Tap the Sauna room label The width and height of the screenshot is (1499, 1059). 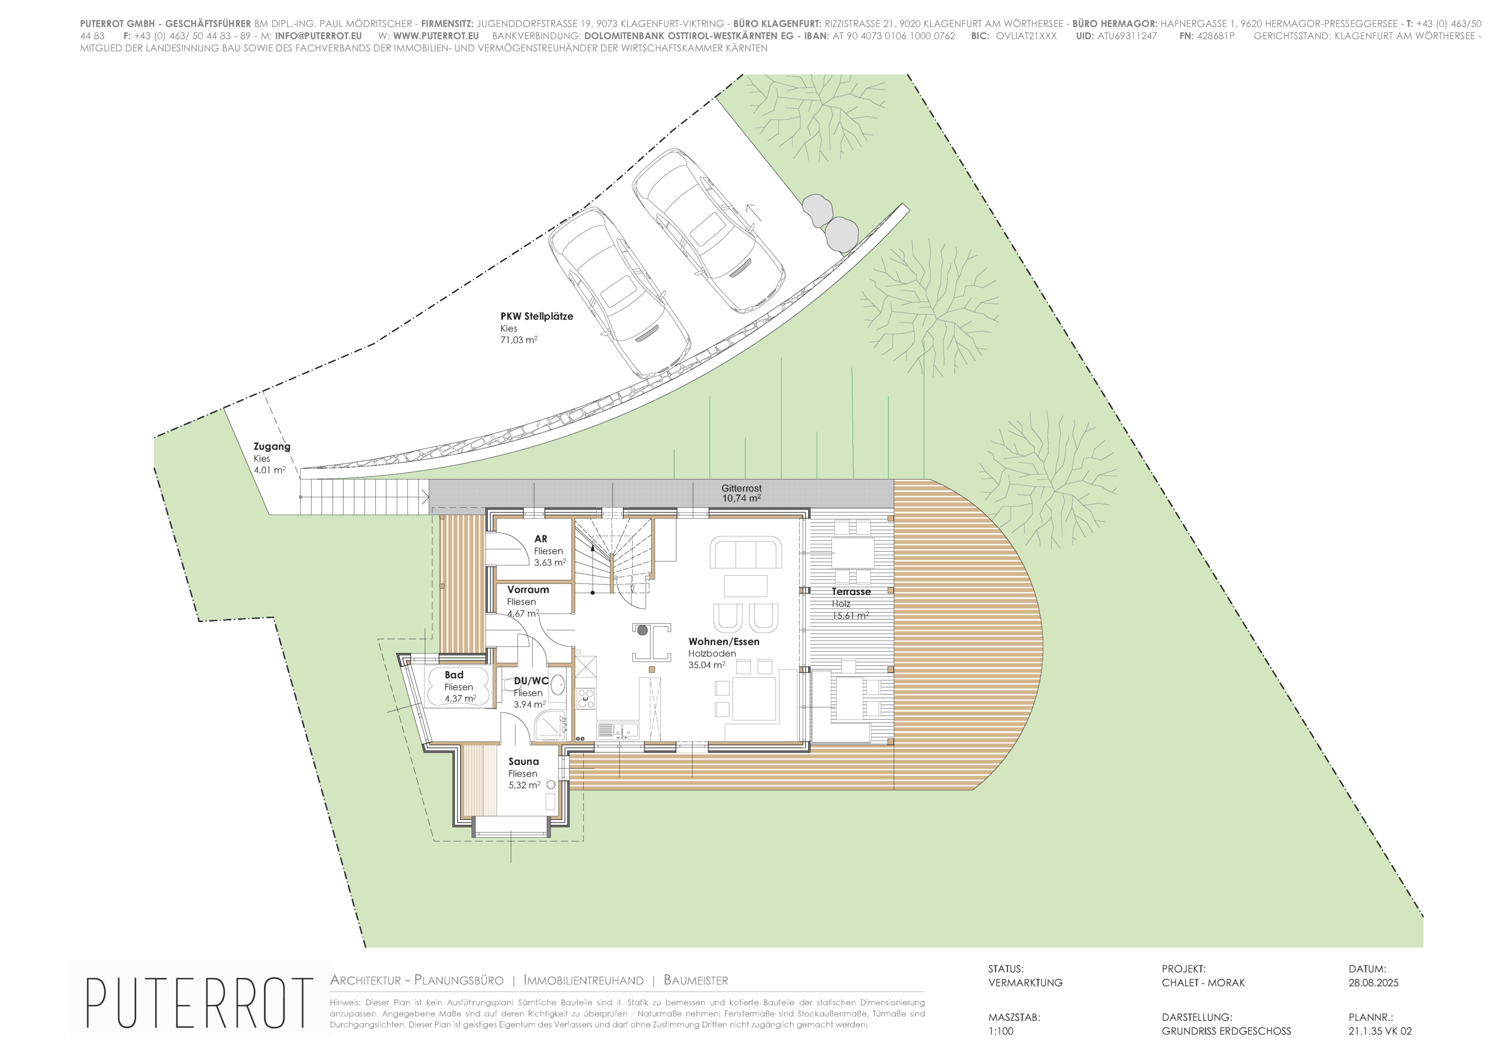pos(523,761)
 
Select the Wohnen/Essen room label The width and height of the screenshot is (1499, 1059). pos(723,641)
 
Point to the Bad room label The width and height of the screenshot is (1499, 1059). pos(454,675)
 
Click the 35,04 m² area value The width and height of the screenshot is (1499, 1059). pos(706,665)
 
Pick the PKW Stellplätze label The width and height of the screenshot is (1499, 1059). pos(537,317)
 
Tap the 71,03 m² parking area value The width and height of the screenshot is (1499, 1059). pos(519,340)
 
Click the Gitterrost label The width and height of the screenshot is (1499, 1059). pos(741,488)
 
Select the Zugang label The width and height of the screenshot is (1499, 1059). pos(272,447)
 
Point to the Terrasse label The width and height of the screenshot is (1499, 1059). pos(851,592)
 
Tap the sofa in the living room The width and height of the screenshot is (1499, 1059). pos(745,553)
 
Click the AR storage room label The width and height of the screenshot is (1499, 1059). pos(540,539)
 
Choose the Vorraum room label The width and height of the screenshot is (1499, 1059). pos(528,590)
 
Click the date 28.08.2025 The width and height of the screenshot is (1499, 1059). pos(1374,983)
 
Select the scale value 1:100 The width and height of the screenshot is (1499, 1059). pos(1001,1032)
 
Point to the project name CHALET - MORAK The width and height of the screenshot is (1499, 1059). pos(1203,983)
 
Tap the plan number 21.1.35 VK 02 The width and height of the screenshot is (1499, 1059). pos(1380,1032)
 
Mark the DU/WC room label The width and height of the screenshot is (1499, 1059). pos(531,681)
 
